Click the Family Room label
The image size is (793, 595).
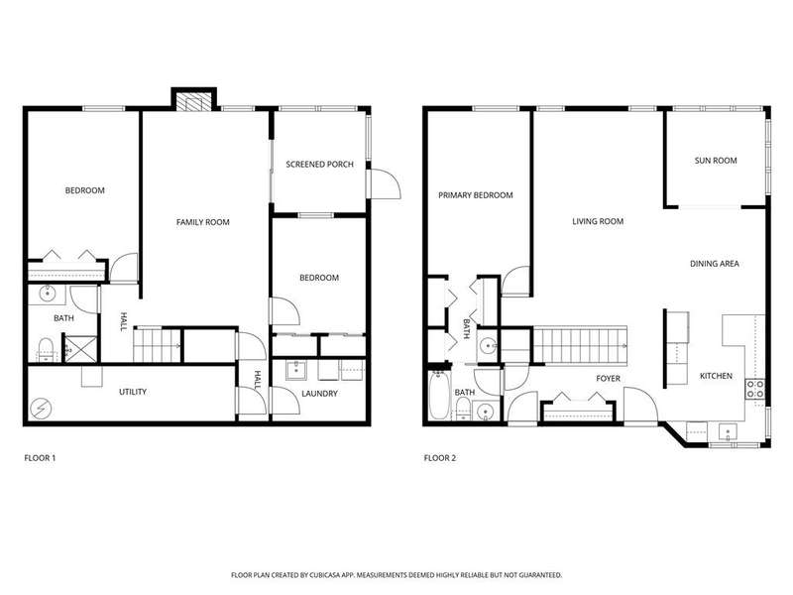pos(203,222)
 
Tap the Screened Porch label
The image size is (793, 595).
pos(319,165)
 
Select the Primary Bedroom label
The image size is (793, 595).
pos(476,195)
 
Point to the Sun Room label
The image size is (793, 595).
pos(716,161)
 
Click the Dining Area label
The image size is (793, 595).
pos(715,264)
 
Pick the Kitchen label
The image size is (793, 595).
pos(716,376)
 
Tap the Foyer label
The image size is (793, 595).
pos(608,379)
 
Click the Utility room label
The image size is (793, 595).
pos(133,392)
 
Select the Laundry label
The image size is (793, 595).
pos(319,394)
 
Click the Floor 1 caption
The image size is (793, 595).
pos(40,458)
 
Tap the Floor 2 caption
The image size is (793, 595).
pos(440,458)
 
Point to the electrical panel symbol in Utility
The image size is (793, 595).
pos(41,409)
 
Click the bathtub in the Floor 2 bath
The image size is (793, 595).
pos(439,395)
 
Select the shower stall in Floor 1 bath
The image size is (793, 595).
pos(81,349)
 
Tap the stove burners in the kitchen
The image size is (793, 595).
pos(755,390)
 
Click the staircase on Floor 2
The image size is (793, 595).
pos(581,345)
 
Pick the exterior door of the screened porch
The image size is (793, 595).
pos(384,183)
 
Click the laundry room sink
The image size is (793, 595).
pos(295,370)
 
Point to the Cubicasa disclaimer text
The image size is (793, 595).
pos(396,575)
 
